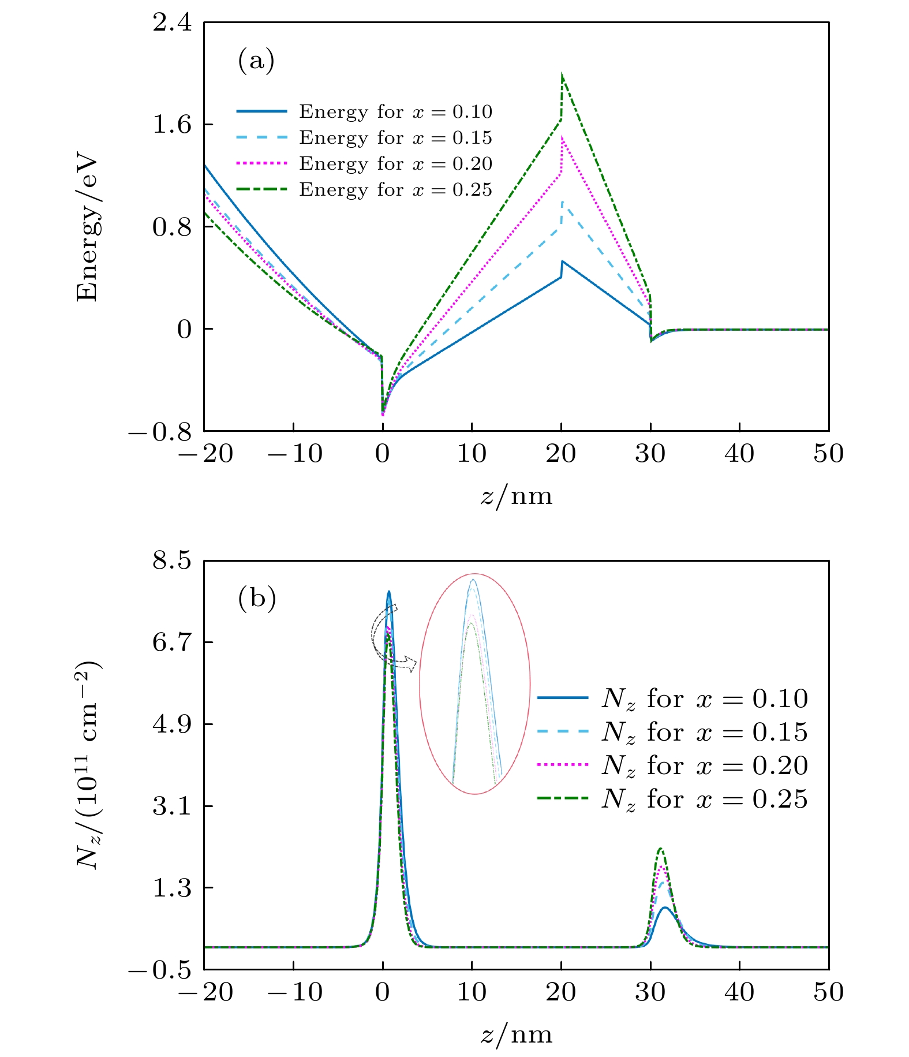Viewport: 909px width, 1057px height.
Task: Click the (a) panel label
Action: [x=256, y=61]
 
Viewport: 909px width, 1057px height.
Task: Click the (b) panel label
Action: [x=257, y=599]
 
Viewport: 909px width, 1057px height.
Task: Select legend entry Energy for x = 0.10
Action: [x=395, y=111]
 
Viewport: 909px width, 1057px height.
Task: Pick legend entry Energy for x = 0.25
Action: [x=395, y=190]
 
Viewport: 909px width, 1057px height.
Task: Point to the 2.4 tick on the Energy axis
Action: [x=172, y=24]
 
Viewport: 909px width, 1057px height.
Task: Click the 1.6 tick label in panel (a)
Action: [x=172, y=125]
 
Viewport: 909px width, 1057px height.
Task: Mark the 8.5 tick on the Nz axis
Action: [x=172, y=561]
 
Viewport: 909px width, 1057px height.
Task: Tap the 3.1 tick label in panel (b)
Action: [x=172, y=806]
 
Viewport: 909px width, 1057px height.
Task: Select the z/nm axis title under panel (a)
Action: [x=516, y=496]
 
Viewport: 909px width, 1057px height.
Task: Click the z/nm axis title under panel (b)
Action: [x=516, y=1034]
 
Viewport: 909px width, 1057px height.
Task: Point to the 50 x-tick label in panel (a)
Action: [x=828, y=454]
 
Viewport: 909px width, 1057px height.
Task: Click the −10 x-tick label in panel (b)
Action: [x=294, y=992]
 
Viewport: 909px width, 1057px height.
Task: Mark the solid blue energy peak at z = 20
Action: [x=562, y=262]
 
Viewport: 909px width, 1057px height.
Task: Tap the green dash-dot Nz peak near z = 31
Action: [x=660, y=849]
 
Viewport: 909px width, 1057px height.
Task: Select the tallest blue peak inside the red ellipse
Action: [x=473, y=580]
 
